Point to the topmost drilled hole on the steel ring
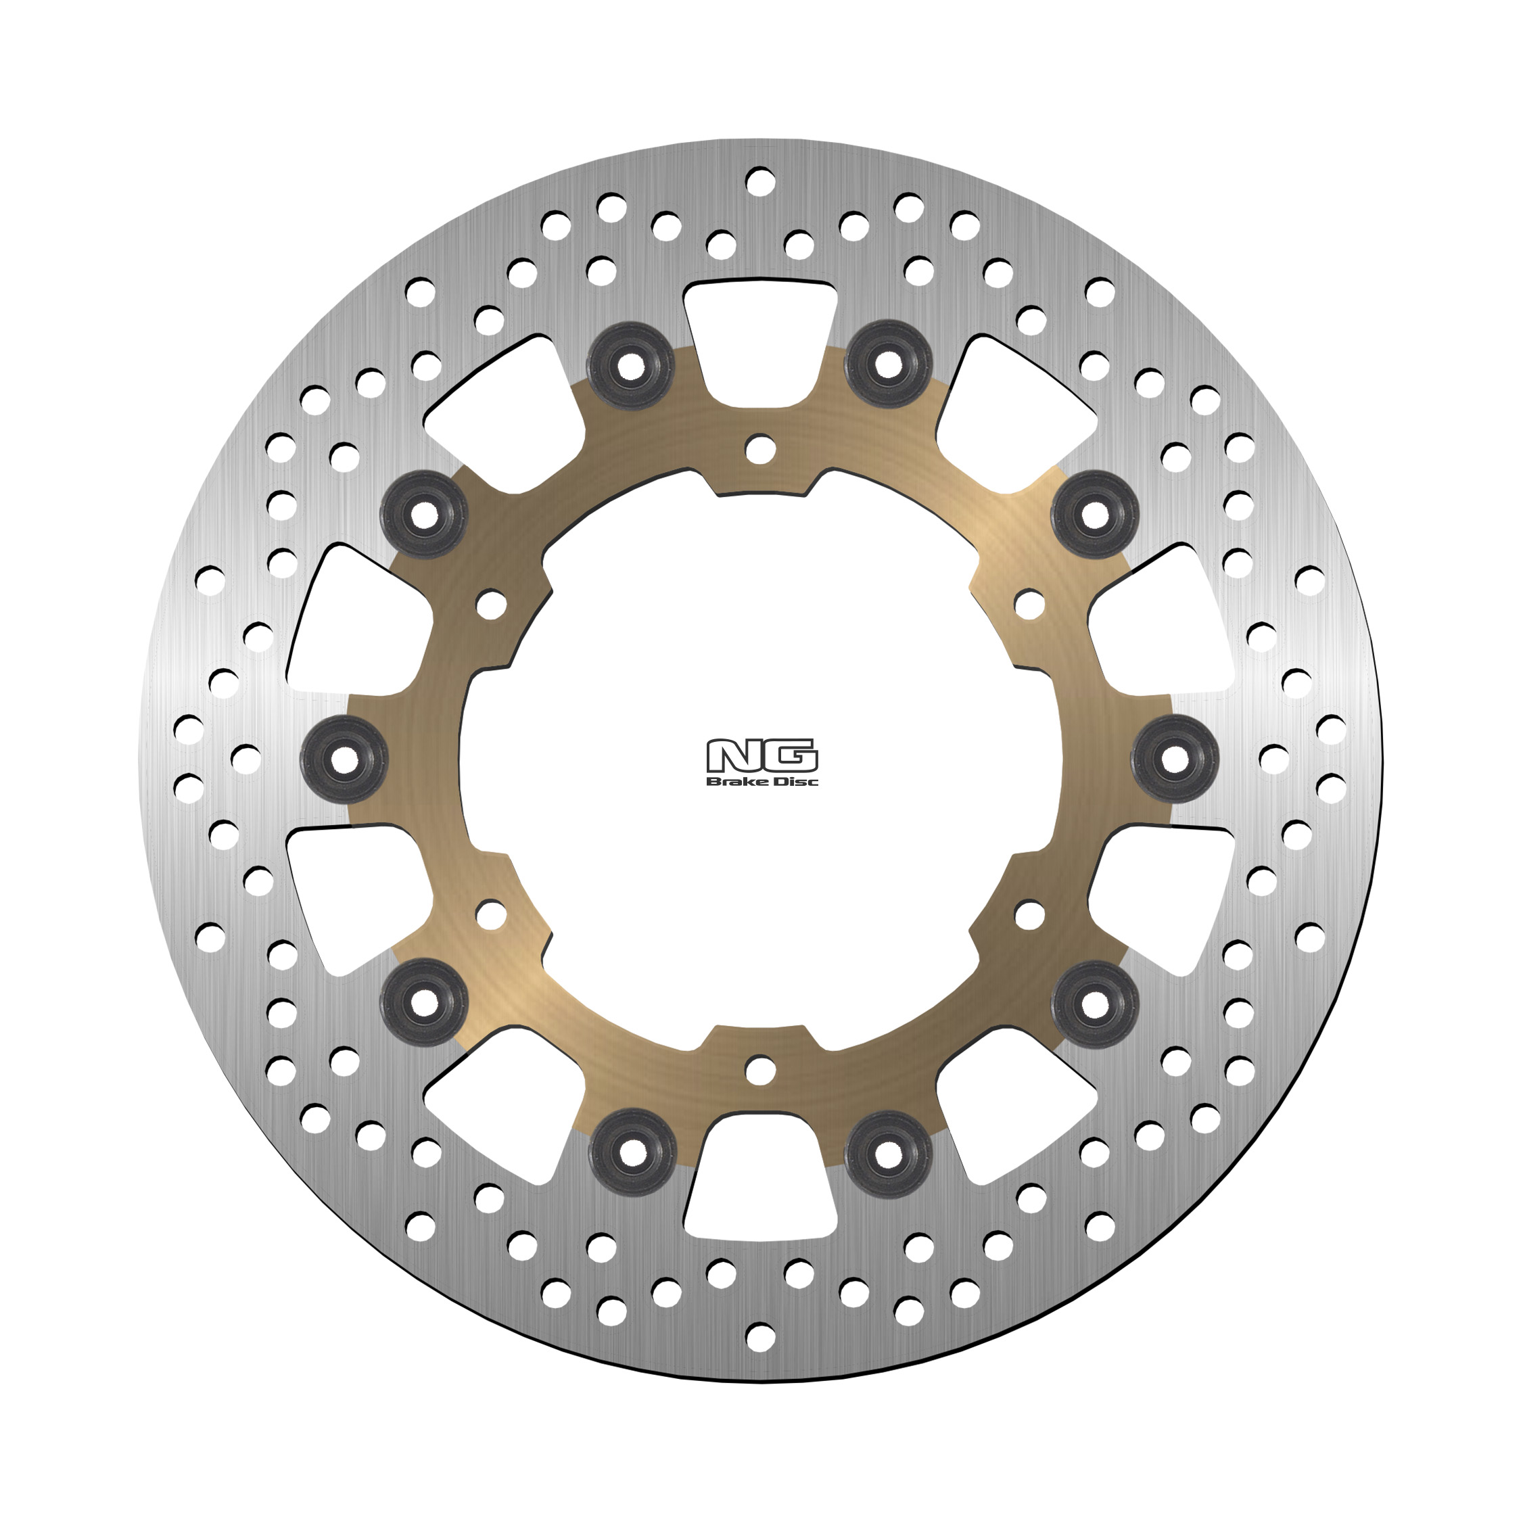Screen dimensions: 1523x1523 click(x=760, y=181)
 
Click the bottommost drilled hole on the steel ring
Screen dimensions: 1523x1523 click(x=760, y=1336)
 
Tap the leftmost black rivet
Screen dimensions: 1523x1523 click(x=344, y=759)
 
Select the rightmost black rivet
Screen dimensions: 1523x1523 click(x=1175, y=759)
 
